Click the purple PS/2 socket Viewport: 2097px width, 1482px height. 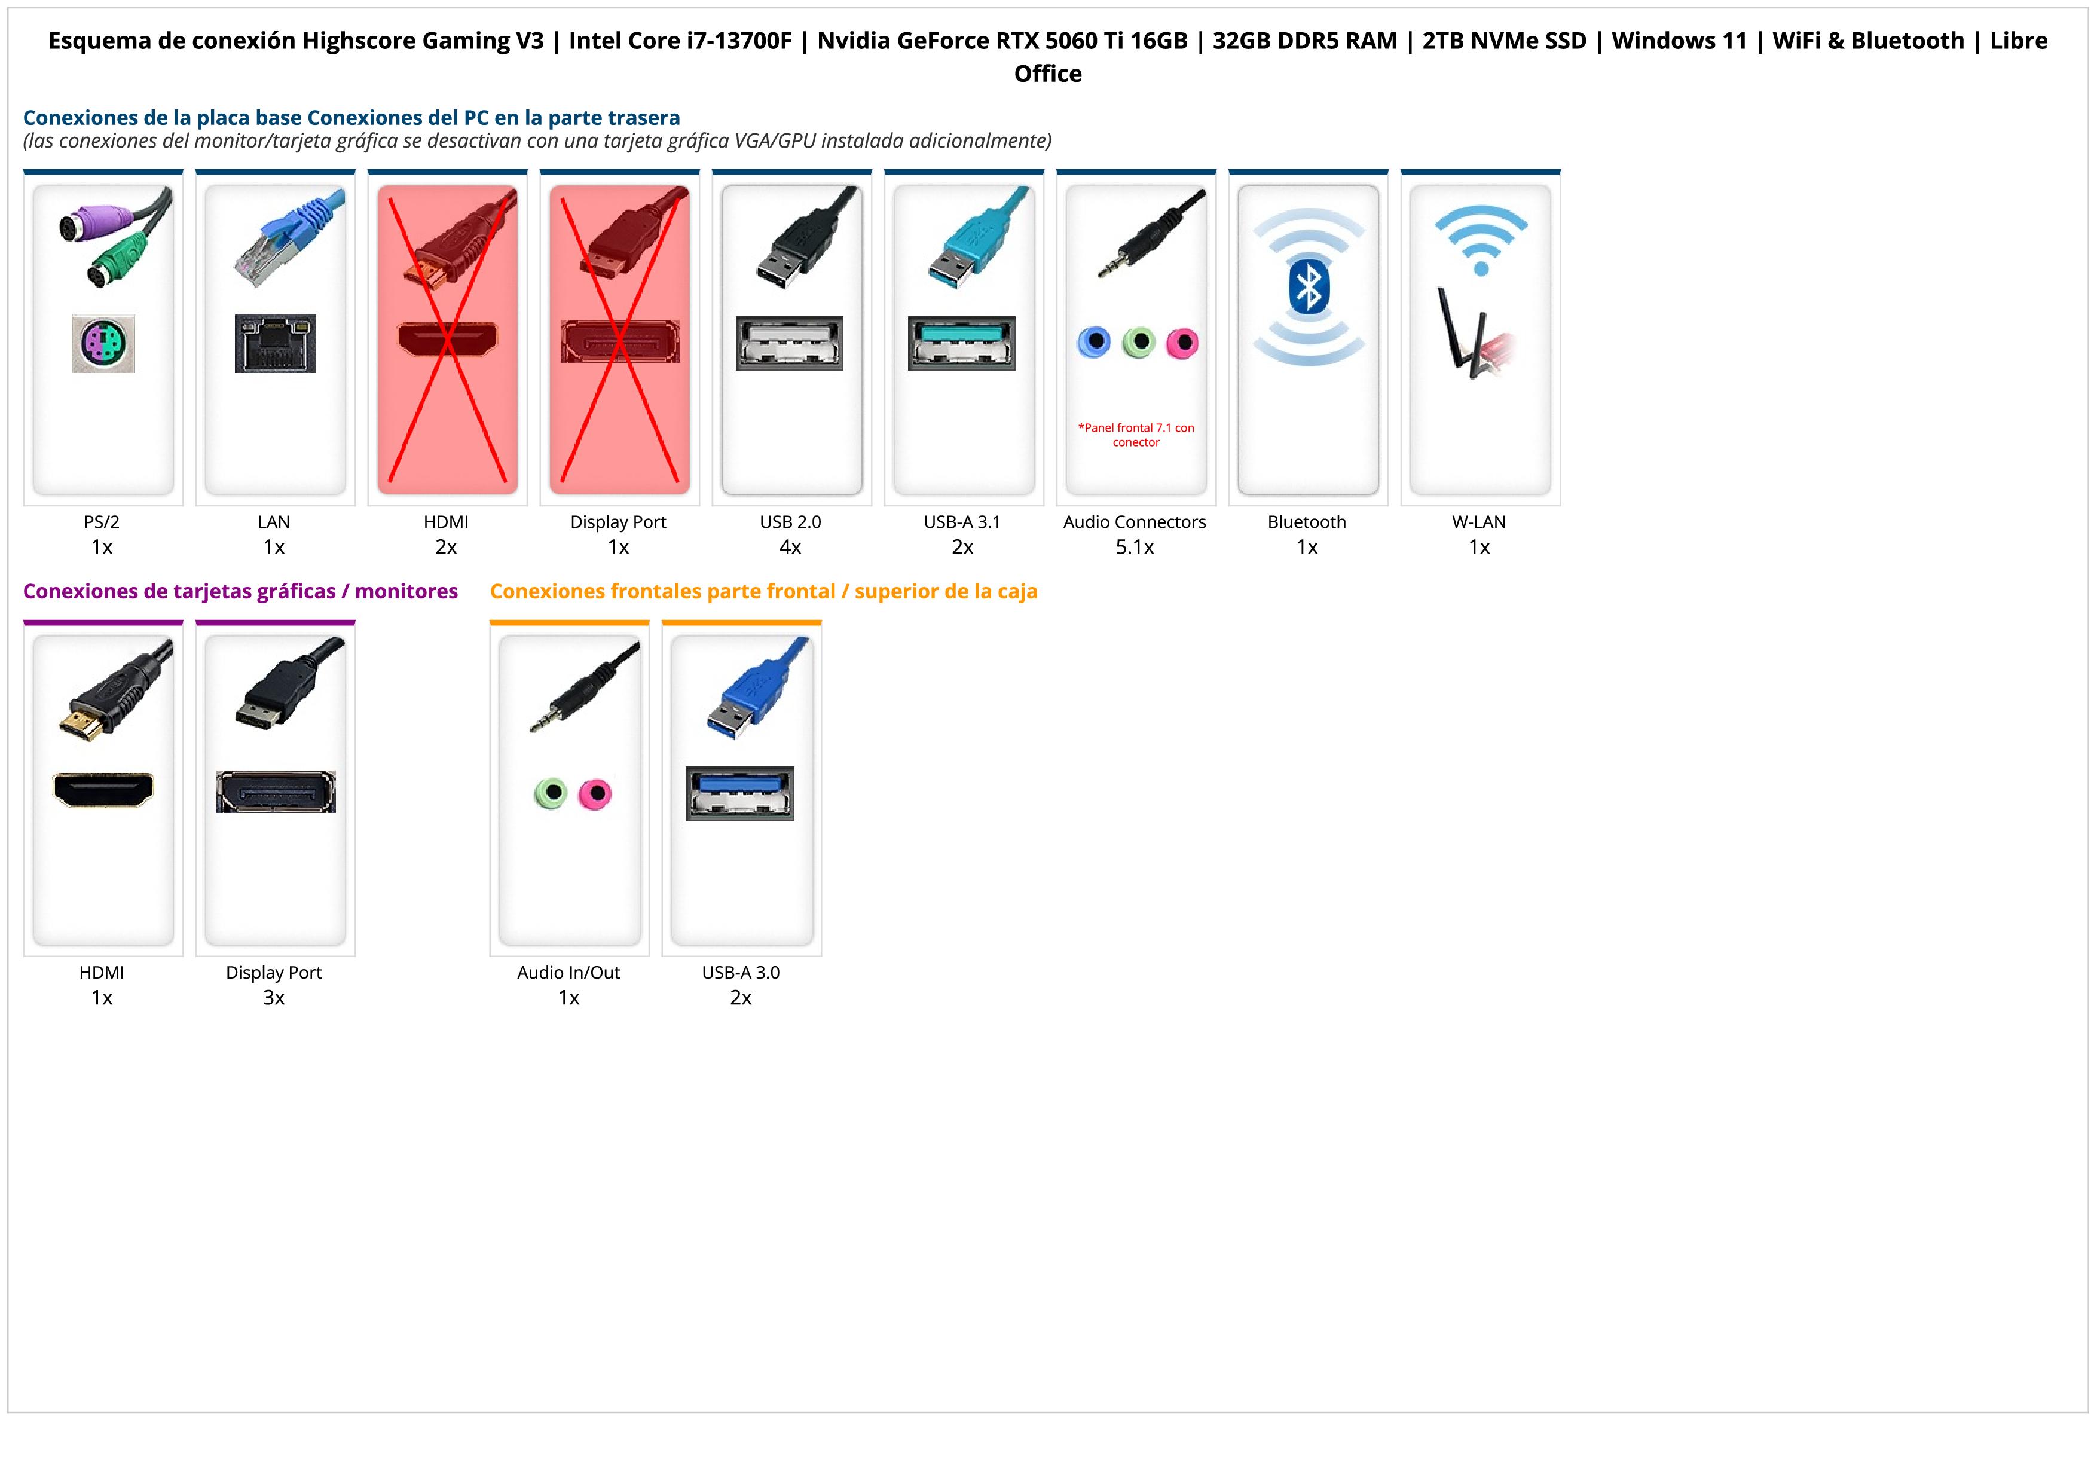pyautogui.click(x=103, y=343)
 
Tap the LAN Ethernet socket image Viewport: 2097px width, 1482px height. pyautogui.click(x=275, y=343)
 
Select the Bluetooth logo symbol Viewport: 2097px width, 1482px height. pyautogui.click(x=1308, y=286)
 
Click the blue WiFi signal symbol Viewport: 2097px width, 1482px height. pyautogui.click(x=1481, y=239)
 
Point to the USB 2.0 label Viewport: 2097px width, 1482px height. pyautogui.click(x=790, y=522)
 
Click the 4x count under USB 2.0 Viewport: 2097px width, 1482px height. pyautogui.click(x=790, y=547)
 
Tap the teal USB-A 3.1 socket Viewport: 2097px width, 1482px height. pyautogui.click(x=962, y=343)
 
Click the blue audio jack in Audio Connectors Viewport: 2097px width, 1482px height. pyautogui.click(x=1094, y=343)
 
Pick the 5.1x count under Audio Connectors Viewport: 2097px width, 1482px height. pyautogui.click(x=1135, y=547)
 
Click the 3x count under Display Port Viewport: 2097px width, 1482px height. pyautogui.click(x=274, y=997)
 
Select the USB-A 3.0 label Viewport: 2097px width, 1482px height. pyautogui.click(x=741, y=973)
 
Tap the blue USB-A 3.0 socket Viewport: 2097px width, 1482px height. pyautogui.click(x=740, y=793)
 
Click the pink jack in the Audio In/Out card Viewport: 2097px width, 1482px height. pyautogui.click(x=595, y=793)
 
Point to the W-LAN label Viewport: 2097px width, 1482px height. pyautogui.click(x=1479, y=522)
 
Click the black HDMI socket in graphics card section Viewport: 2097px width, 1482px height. pyautogui.click(x=103, y=790)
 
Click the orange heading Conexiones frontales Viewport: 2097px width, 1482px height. pyautogui.click(x=763, y=592)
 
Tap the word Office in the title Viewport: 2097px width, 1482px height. pyautogui.click(x=1047, y=74)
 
